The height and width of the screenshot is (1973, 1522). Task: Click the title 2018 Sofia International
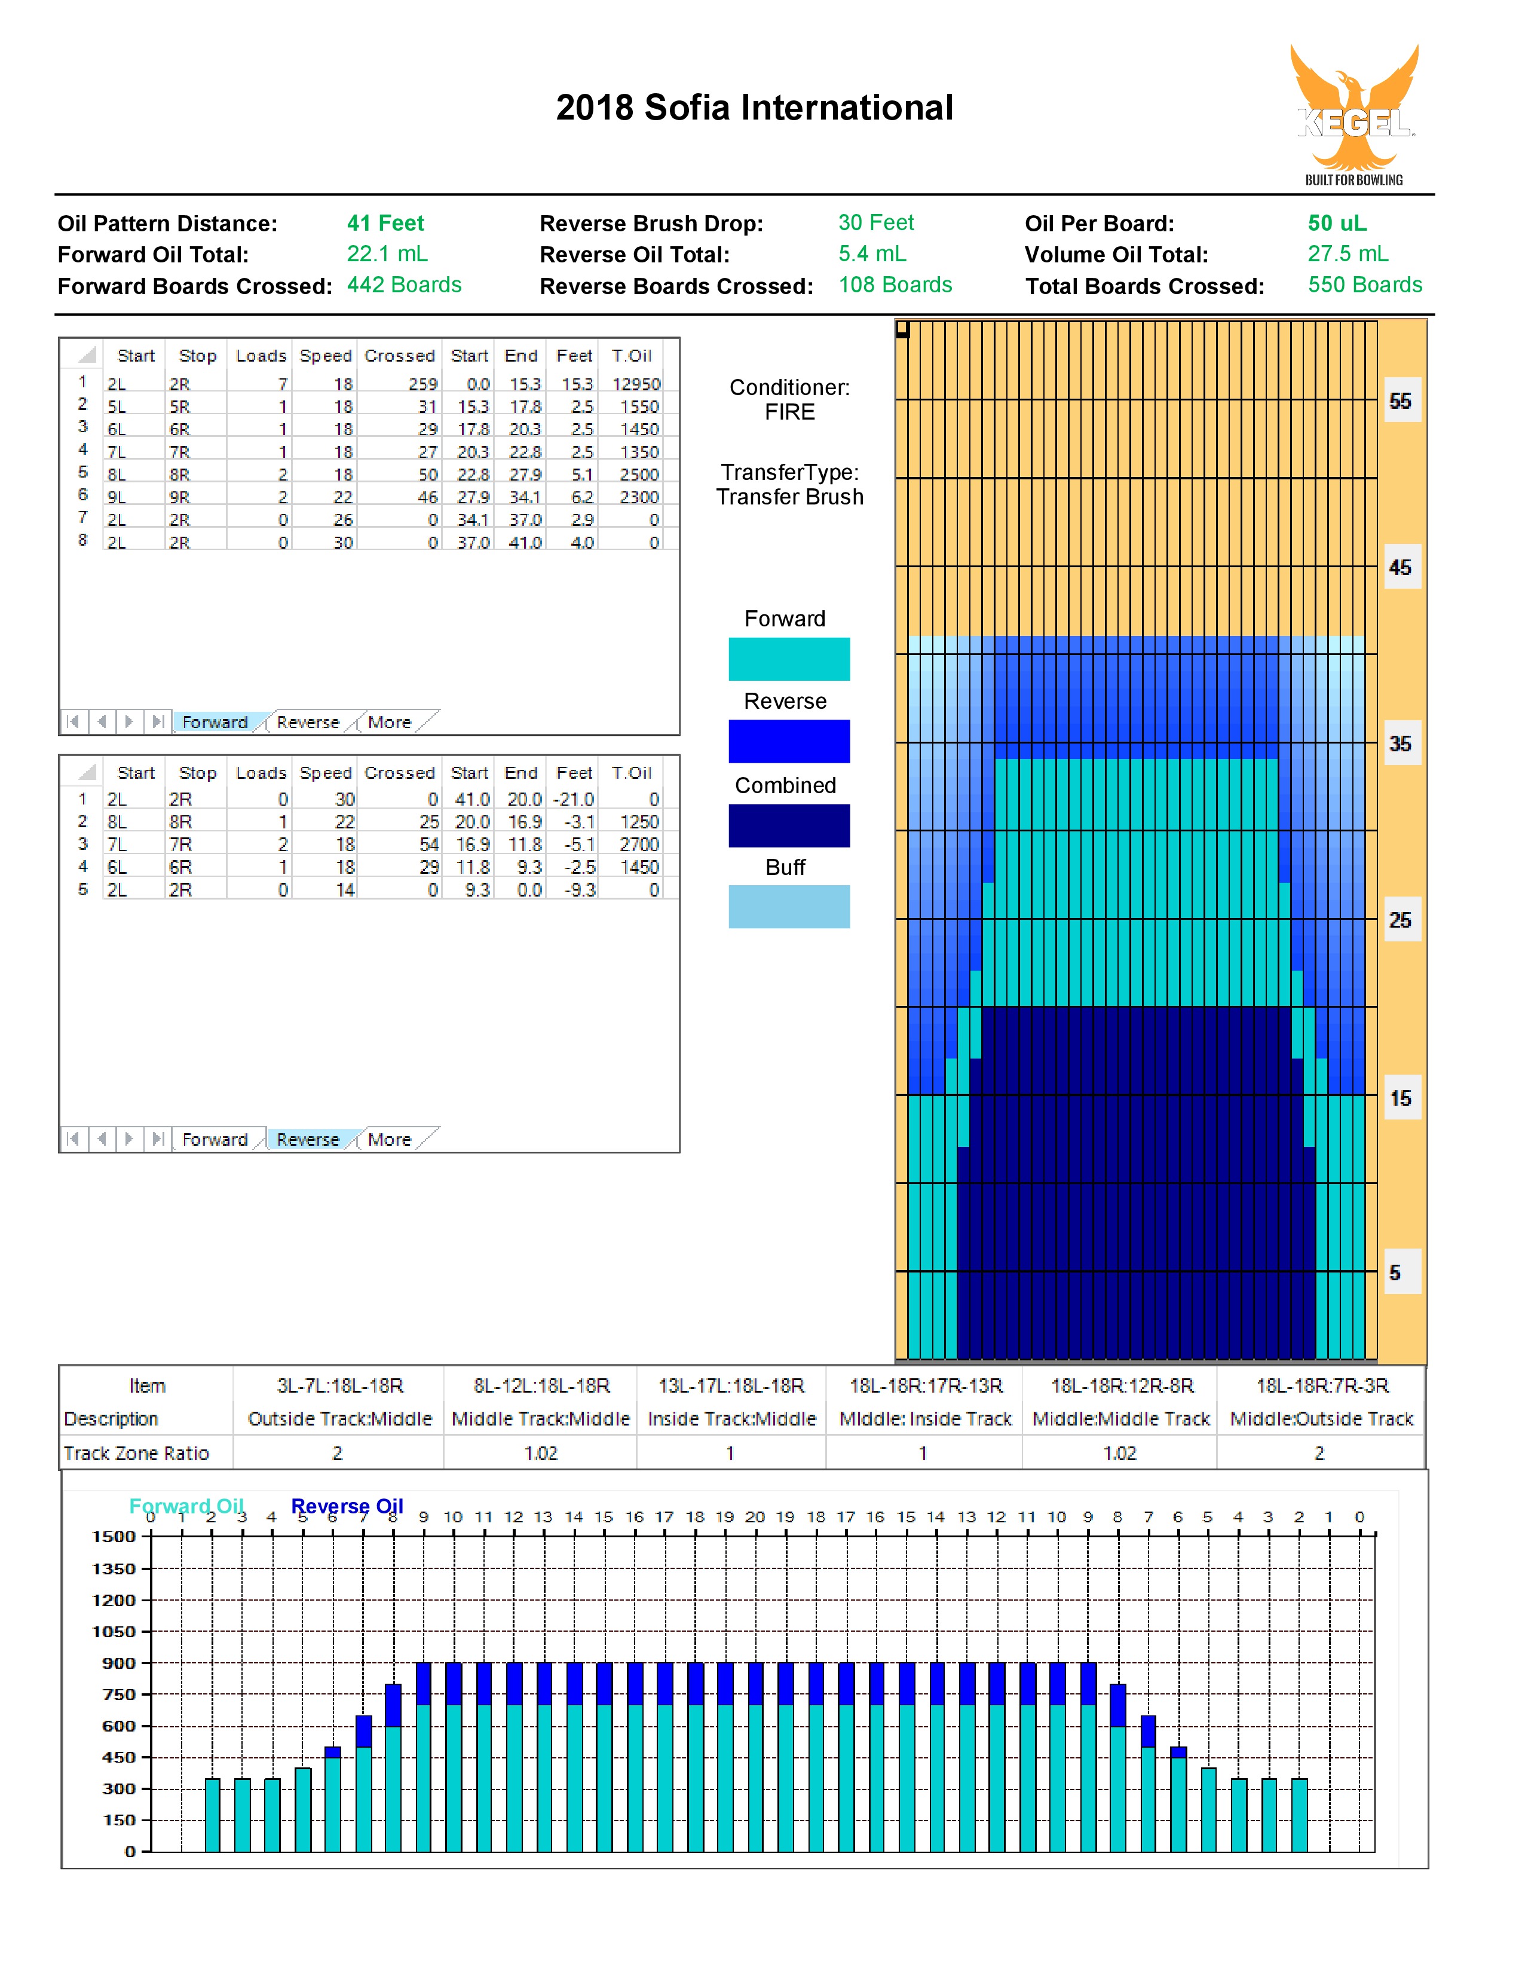pos(754,108)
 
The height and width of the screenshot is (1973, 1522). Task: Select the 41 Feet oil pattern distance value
pos(385,223)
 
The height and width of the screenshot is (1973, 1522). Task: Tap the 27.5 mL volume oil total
pos(1348,254)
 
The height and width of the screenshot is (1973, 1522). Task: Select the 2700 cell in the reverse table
pos(639,844)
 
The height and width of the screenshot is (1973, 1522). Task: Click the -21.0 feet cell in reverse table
pos(574,799)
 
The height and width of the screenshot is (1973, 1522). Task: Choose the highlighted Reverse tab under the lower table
pos(308,1139)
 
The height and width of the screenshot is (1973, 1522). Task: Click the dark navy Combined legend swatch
pos(789,825)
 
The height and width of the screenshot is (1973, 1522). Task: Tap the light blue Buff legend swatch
pos(789,906)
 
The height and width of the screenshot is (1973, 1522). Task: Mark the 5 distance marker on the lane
pos(1395,1272)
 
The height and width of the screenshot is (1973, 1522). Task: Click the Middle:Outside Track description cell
pos(1321,1418)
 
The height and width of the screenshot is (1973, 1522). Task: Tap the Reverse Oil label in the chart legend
pos(347,1506)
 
